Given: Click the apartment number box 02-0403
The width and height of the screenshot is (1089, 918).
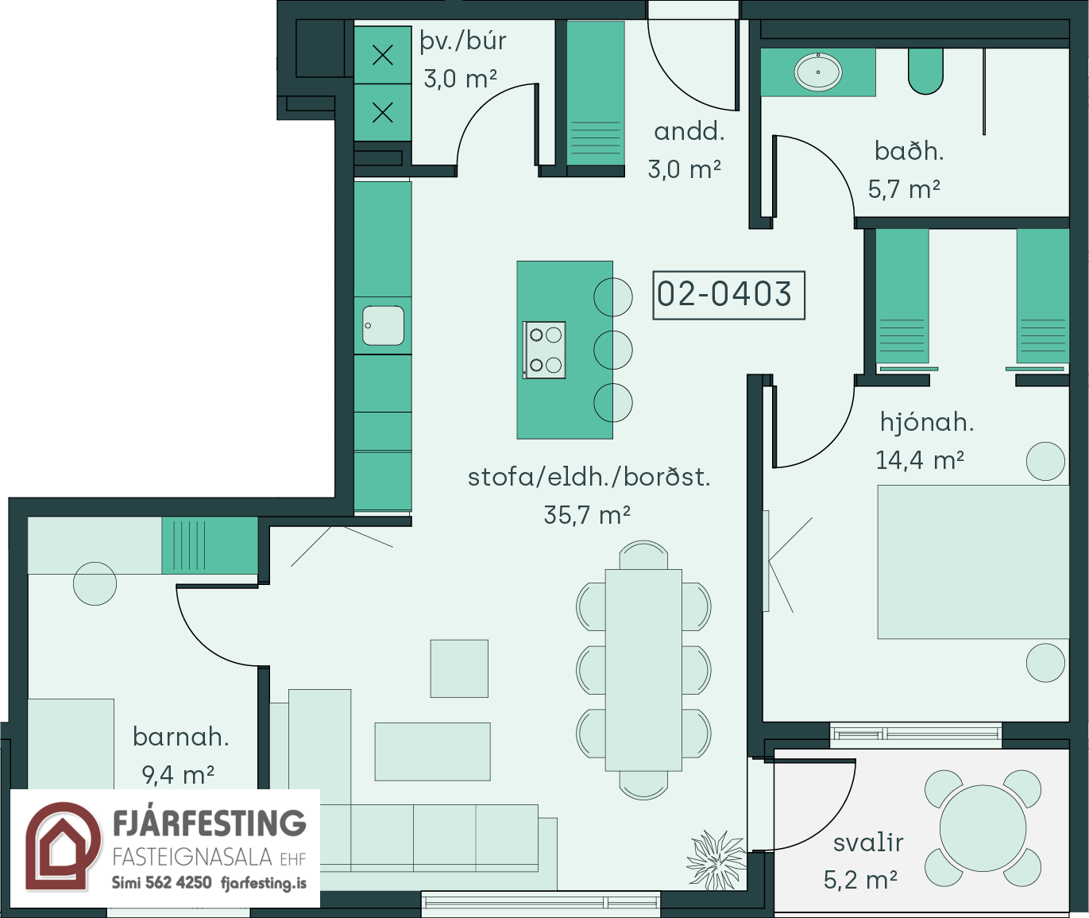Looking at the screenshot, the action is (728, 295).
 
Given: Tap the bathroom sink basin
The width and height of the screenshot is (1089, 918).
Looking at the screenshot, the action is (818, 72).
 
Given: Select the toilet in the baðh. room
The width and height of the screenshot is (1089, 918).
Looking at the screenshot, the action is (925, 72).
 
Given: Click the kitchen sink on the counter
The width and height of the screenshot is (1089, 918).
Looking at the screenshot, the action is (384, 325).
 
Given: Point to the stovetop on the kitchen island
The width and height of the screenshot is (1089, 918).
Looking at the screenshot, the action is (545, 350).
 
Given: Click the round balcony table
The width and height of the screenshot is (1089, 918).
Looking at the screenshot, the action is (983, 828).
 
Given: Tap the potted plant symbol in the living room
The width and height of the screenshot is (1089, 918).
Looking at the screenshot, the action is (717, 859).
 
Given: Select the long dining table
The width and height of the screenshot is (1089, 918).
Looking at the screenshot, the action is (643, 670).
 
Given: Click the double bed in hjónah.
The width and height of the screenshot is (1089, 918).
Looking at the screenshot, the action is (973, 562).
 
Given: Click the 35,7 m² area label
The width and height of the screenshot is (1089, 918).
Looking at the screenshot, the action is (587, 515).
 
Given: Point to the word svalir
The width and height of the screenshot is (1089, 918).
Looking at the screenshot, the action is (868, 842).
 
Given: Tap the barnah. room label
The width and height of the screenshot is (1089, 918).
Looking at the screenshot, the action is (180, 737).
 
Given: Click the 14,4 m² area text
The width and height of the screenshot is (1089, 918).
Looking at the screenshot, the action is (920, 459).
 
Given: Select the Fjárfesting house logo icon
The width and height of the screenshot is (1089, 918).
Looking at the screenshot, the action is (63, 846).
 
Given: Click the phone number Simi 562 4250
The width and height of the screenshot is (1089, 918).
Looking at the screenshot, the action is (162, 882).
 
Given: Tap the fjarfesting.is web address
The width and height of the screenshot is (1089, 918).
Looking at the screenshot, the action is (264, 883).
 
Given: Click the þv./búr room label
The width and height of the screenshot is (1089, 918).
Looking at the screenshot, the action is (462, 42).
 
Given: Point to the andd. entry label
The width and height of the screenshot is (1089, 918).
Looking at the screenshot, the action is (689, 131).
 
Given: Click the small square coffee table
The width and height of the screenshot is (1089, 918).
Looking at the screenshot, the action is (459, 668).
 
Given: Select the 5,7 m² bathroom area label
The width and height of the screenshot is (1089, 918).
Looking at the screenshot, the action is (904, 189).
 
